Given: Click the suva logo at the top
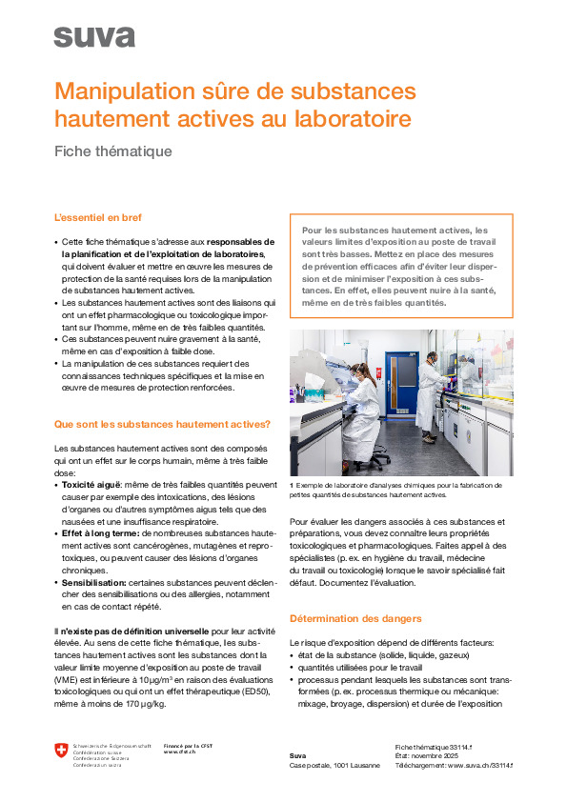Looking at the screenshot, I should [94, 37].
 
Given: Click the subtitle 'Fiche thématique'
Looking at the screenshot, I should [112, 150].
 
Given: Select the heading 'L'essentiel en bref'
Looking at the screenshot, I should [98, 218].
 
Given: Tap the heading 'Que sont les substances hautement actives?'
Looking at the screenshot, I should [162, 424].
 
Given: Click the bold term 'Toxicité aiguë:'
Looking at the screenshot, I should [92, 485].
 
